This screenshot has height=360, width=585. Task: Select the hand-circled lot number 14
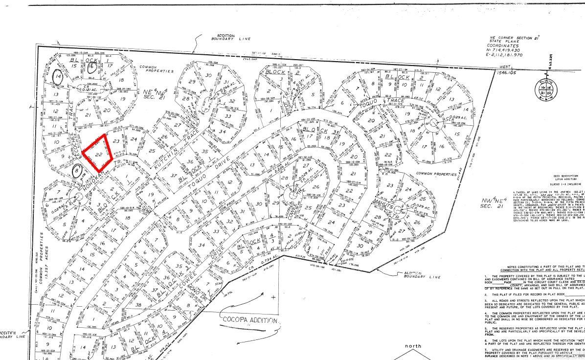click(59, 77)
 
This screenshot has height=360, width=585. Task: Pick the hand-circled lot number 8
click(77, 171)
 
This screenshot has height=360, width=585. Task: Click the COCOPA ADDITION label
click(250, 320)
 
